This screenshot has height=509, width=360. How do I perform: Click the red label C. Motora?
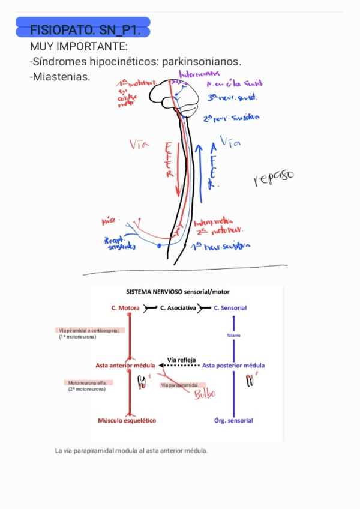(x=125, y=308)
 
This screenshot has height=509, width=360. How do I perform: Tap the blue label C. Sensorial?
(x=230, y=308)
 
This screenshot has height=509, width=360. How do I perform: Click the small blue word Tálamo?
(x=233, y=336)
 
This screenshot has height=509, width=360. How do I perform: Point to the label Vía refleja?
(x=181, y=360)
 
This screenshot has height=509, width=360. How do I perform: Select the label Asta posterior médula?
(x=233, y=366)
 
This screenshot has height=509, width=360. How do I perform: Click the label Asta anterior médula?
(x=125, y=366)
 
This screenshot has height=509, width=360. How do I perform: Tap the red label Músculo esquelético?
(x=127, y=421)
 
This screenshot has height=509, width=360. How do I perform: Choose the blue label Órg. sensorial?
(x=233, y=421)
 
